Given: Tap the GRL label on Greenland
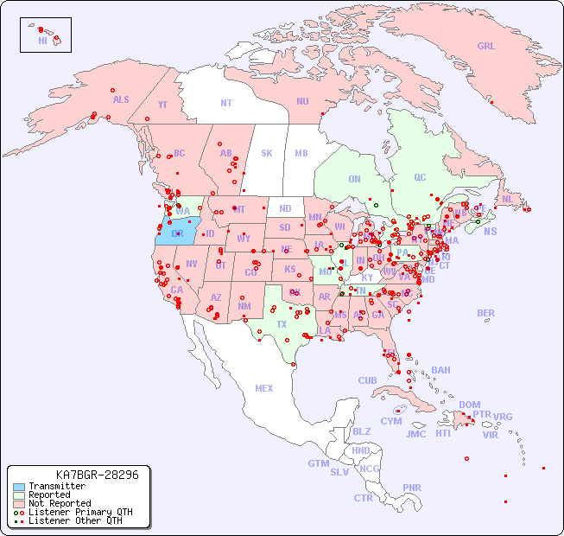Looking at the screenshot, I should click(486, 47).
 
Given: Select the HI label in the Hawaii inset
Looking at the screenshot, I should click(42, 41).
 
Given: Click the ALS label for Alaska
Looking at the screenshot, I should click(121, 99).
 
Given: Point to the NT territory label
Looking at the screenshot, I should click(226, 102).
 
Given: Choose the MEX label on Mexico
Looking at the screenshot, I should click(264, 388).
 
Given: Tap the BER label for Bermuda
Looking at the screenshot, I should click(486, 313).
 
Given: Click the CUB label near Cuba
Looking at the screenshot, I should click(367, 380).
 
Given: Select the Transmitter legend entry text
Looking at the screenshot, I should click(57, 487).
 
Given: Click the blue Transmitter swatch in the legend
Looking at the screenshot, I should click(19, 487).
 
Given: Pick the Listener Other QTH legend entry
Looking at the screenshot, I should click(75, 520).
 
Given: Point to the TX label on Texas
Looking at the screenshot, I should click(282, 324).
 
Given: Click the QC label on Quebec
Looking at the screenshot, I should click(420, 177).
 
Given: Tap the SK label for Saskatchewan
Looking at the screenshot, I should click(267, 153).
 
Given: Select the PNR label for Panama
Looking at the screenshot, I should click(412, 488).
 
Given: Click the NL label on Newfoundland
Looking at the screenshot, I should click(508, 198).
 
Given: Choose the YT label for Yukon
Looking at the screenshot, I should click(162, 105).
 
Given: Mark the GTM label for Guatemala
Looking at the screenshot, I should click(318, 463).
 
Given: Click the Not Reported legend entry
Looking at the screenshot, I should click(60, 503).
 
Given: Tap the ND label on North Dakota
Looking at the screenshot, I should click(285, 208).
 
